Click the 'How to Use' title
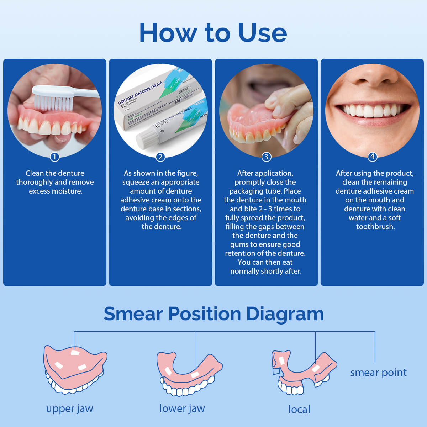(x=213, y=33)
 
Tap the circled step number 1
(x=54, y=157)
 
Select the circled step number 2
(x=160, y=157)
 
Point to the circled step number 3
(x=266, y=157)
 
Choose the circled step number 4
(x=372, y=157)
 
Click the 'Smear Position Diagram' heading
(x=213, y=313)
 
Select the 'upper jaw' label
(x=69, y=408)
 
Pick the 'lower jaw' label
(x=182, y=408)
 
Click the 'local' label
(x=299, y=409)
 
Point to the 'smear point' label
(x=378, y=373)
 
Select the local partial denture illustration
(x=302, y=372)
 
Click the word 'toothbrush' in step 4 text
(x=375, y=227)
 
